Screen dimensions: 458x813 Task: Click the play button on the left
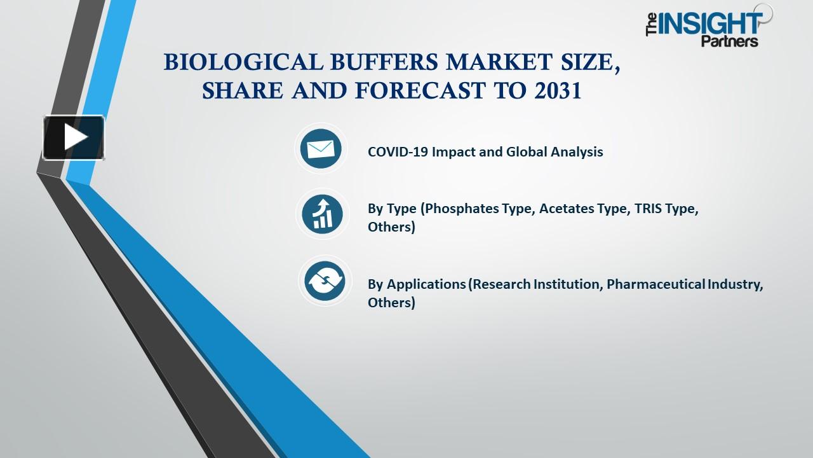74,137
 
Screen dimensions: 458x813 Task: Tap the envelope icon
321,149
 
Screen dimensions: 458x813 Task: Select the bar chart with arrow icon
323,214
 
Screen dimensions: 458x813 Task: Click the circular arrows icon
324,281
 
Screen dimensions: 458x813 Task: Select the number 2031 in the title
558,91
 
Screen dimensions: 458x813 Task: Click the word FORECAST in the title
422,91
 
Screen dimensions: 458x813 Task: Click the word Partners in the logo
730,42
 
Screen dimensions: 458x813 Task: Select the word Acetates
567,209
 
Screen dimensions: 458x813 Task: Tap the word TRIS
648,209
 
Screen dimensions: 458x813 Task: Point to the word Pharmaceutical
656,284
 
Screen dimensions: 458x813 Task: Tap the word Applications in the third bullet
426,284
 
